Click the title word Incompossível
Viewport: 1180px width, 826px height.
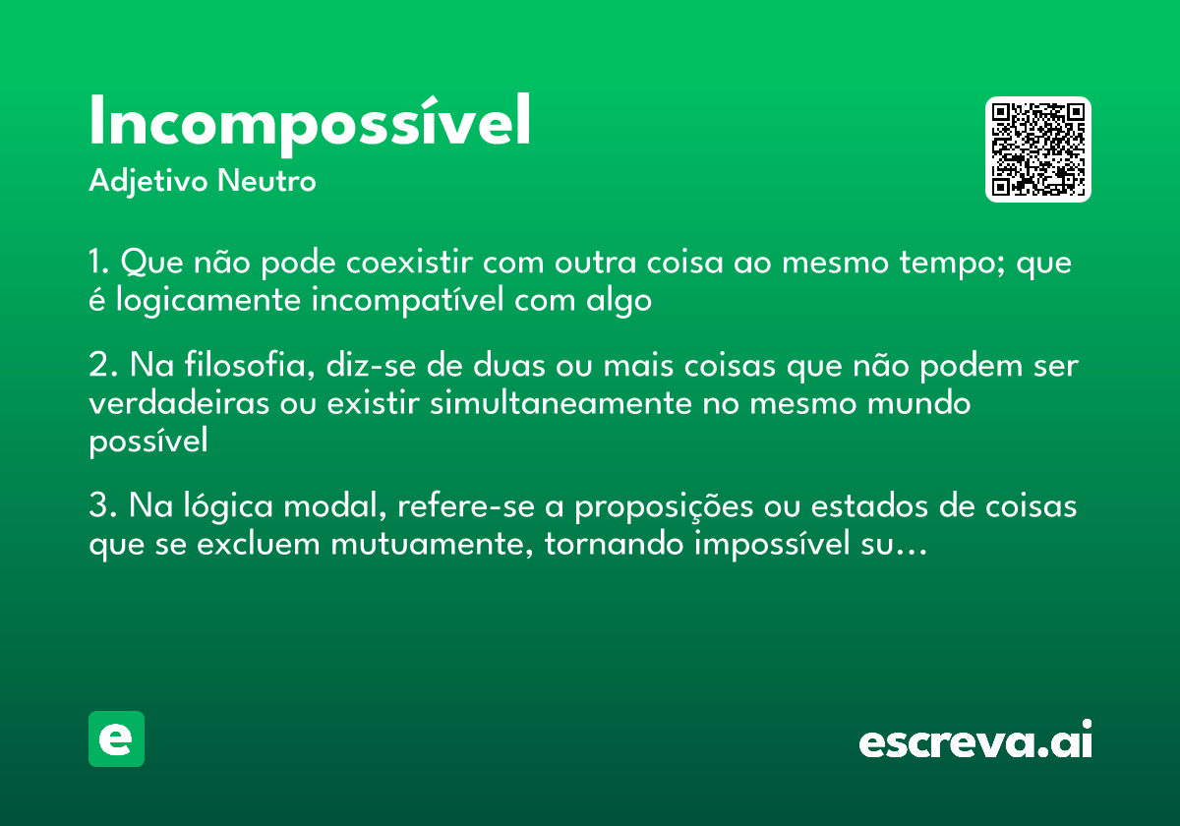(310, 123)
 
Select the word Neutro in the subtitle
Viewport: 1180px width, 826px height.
(267, 182)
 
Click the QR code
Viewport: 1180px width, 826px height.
(1038, 149)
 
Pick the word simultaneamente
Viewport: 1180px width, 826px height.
(561, 403)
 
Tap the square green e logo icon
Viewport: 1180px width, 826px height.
(116, 738)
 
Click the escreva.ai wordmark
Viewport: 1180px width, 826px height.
(975, 741)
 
